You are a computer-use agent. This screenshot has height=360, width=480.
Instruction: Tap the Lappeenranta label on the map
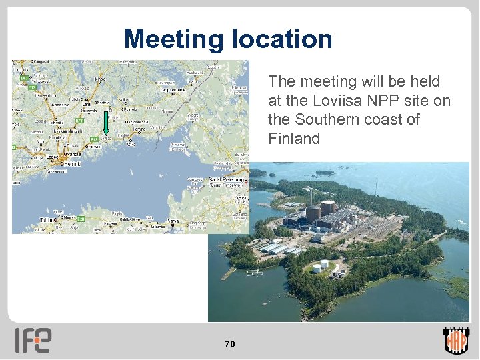click(172, 89)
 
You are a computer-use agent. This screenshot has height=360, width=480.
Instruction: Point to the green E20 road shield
click(81, 219)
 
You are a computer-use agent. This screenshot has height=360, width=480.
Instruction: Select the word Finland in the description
click(294, 139)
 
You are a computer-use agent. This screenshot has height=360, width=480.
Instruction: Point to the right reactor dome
click(328, 208)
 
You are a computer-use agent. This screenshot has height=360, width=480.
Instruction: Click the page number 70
click(229, 344)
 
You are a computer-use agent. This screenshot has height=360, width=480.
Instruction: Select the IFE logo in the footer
click(33, 341)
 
